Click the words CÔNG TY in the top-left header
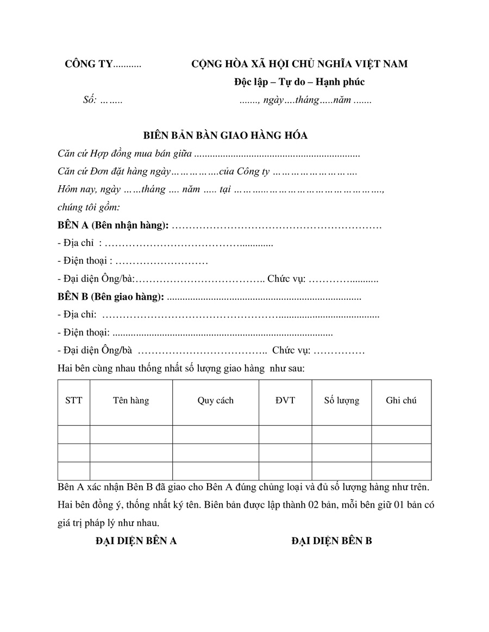coord(88,64)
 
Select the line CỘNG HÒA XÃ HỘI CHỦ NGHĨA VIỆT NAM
coord(299,64)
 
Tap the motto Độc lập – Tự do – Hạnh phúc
coord(299,82)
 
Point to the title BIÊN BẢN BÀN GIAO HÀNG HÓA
coord(225,136)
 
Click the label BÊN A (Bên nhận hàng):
coord(113,225)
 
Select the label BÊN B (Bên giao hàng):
coord(111,297)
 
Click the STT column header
coord(74,401)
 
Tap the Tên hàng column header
coord(131,401)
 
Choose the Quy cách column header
coord(215,401)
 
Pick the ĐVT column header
coord(285,401)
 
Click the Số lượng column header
coord(342,401)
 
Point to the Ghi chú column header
coord(402,401)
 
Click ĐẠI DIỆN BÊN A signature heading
coord(136,541)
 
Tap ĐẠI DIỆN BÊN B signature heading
coord(331,541)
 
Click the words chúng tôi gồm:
coord(89,207)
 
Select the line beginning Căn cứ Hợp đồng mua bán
coord(209,154)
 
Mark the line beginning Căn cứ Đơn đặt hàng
coord(208,172)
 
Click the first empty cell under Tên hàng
coord(131,434)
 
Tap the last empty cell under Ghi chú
coord(402,471)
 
